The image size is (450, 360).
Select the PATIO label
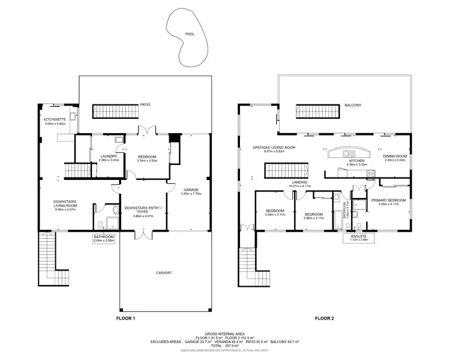point(145,104)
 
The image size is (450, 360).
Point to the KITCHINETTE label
point(55,119)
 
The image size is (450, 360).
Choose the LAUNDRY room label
point(108,156)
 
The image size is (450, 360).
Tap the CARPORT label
point(164,272)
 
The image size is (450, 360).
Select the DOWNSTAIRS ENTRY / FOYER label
point(140,210)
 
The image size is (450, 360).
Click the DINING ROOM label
point(393,156)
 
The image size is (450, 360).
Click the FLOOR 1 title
point(126,319)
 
